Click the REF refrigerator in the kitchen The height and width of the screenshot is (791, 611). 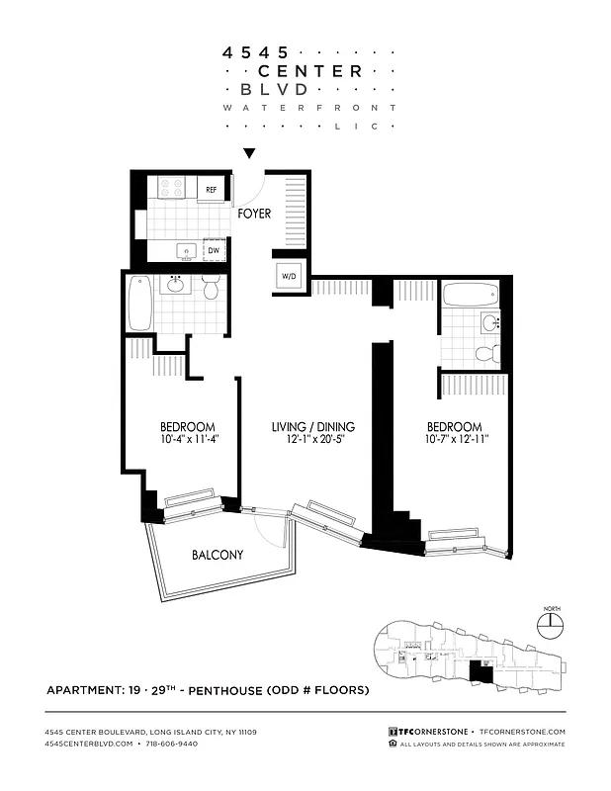(x=211, y=189)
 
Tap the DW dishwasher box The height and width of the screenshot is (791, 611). (x=214, y=251)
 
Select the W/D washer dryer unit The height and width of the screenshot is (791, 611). (x=289, y=277)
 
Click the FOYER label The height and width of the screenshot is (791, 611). (x=254, y=213)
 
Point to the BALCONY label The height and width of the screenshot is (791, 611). (x=217, y=555)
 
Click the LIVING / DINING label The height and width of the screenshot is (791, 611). (x=313, y=427)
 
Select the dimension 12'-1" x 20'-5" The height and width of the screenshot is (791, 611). (x=313, y=440)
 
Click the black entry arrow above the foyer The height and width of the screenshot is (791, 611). (x=250, y=153)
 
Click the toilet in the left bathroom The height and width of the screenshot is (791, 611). (x=211, y=289)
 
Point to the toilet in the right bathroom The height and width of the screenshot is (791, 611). (x=485, y=353)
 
